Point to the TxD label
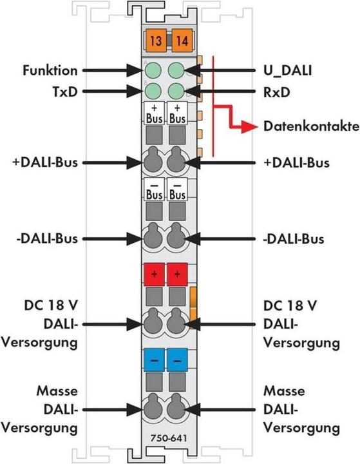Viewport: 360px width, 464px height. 64,92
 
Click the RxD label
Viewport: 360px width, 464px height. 275,92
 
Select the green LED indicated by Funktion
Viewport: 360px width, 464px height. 154,70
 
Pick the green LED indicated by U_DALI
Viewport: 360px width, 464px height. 178,70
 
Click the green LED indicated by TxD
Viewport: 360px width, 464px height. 154,91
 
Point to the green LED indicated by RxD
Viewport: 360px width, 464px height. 178,91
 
